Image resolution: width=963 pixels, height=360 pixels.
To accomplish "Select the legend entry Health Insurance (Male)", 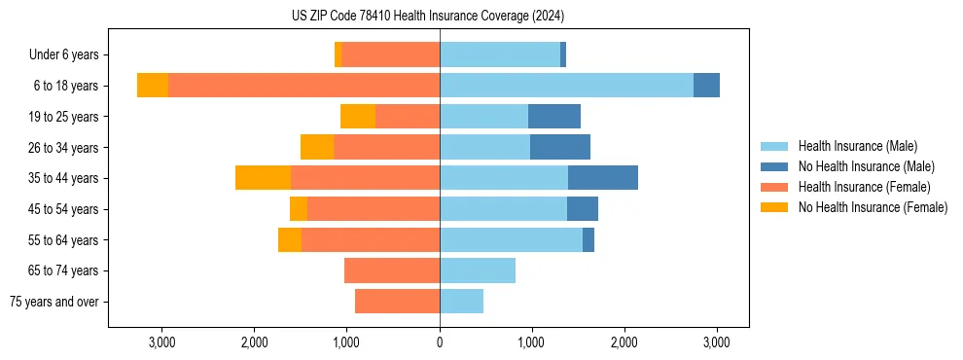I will tap(857, 146).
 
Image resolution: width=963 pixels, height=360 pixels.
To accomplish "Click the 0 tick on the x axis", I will tap(440, 342).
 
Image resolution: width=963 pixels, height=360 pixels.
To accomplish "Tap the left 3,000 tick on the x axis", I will tap(161, 342).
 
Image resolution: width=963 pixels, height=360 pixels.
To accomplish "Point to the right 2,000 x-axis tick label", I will tap(624, 342).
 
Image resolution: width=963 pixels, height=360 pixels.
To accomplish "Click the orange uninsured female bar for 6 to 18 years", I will tap(153, 86).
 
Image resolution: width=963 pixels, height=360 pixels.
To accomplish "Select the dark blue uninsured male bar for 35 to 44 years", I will tap(603, 178).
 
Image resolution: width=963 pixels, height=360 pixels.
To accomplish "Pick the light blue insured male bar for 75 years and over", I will tap(461, 302).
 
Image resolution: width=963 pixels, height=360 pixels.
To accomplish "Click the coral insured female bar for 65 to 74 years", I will tap(392, 270).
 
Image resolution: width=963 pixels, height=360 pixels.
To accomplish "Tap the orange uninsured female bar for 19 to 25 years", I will tap(358, 117).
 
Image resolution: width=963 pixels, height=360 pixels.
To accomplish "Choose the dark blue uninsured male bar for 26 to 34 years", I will tap(560, 147).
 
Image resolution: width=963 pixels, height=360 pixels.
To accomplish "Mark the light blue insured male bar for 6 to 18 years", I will tap(566, 86).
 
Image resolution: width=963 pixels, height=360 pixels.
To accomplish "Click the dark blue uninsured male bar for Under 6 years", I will tap(563, 54).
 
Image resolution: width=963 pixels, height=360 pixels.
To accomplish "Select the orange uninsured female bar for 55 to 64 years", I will tap(290, 239).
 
